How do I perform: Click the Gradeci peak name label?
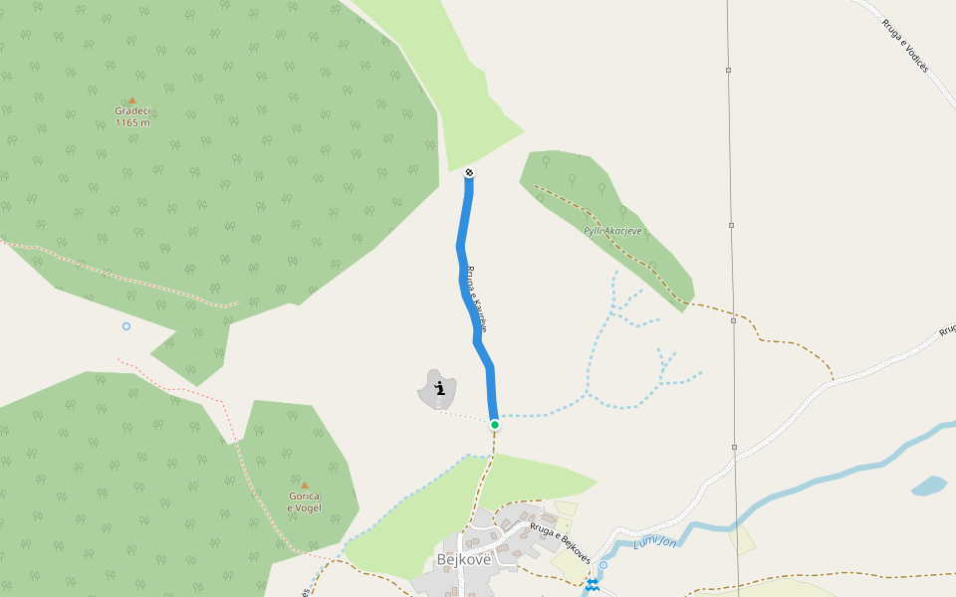tap(131, 111)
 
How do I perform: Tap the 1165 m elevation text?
tap(131, 123)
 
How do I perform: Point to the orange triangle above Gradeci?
tap(131, 100)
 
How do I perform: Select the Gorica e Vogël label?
tap(304, 501)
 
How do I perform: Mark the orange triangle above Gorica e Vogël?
tap(304, 486)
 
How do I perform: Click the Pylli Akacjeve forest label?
tap(613, 231)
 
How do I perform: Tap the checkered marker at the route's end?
tap(469, 173)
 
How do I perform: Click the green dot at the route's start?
tap(494, 425)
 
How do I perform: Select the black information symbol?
tap(439, 388)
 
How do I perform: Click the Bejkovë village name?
tap(464, 559)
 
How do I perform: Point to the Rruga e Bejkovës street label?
tap(561, 541)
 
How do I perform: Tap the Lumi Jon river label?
tap(655, 542)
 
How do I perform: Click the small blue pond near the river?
tap(929, 486)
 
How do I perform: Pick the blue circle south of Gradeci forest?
tap(126, 326)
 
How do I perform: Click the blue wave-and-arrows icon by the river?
tap(593, 584)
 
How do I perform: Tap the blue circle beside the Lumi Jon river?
tap(602, 565)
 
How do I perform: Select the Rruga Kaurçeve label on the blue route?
tap(476, 298)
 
